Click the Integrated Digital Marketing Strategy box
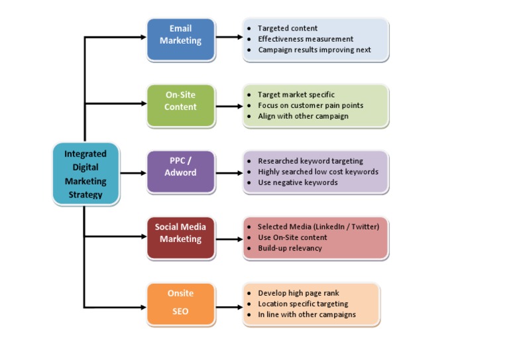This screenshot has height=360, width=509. coord(85,174)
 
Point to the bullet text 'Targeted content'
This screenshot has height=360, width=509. coord(287,29)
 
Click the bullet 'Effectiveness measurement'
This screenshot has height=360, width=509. coord(305,39)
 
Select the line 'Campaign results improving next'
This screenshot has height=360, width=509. coord(314,50)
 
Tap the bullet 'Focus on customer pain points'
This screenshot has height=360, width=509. coord(310,105)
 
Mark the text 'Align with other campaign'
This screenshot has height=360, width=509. coord(303,116)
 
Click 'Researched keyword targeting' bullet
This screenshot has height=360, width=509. coord(310,161)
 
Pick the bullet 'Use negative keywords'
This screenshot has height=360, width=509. coord(298,182)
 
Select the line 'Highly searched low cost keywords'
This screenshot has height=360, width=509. coord(318,172)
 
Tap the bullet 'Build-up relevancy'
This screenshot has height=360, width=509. coord(290,248)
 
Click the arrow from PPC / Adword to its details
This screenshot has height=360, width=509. coord(228,174)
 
